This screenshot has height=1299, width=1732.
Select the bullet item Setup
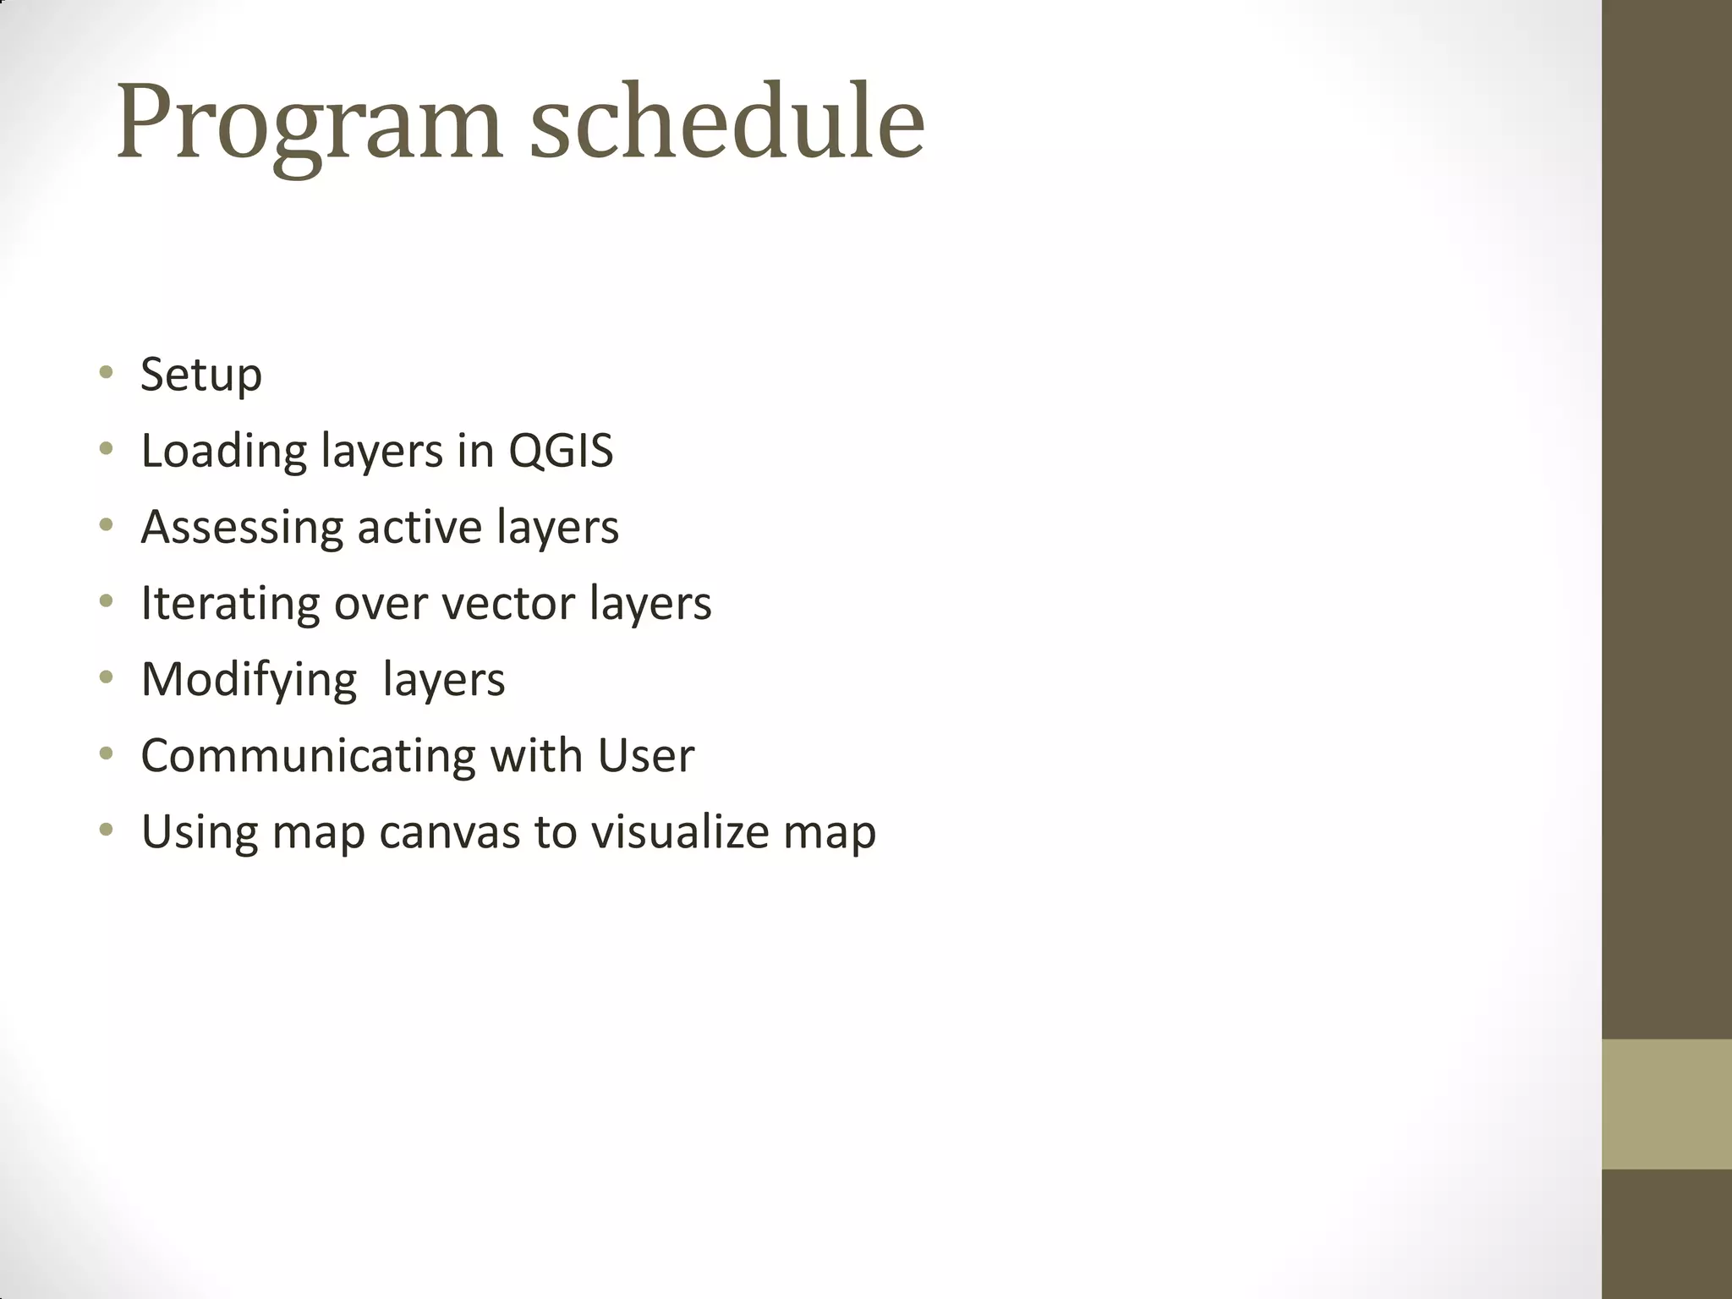[x=201, y=375]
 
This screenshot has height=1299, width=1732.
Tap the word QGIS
[x=561, y=450]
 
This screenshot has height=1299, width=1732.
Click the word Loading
[x=223, y=452]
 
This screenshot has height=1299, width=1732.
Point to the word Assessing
[x=242, y=528]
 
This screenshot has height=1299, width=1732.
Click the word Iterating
[x=230, y=603]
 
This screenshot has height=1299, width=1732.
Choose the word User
[x=645, y=755]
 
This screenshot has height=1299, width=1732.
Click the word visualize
[x=680, y=831]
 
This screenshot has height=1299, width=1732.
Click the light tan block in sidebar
[x=1666, y=1104]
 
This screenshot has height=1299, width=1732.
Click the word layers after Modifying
[x=443, y=680]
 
